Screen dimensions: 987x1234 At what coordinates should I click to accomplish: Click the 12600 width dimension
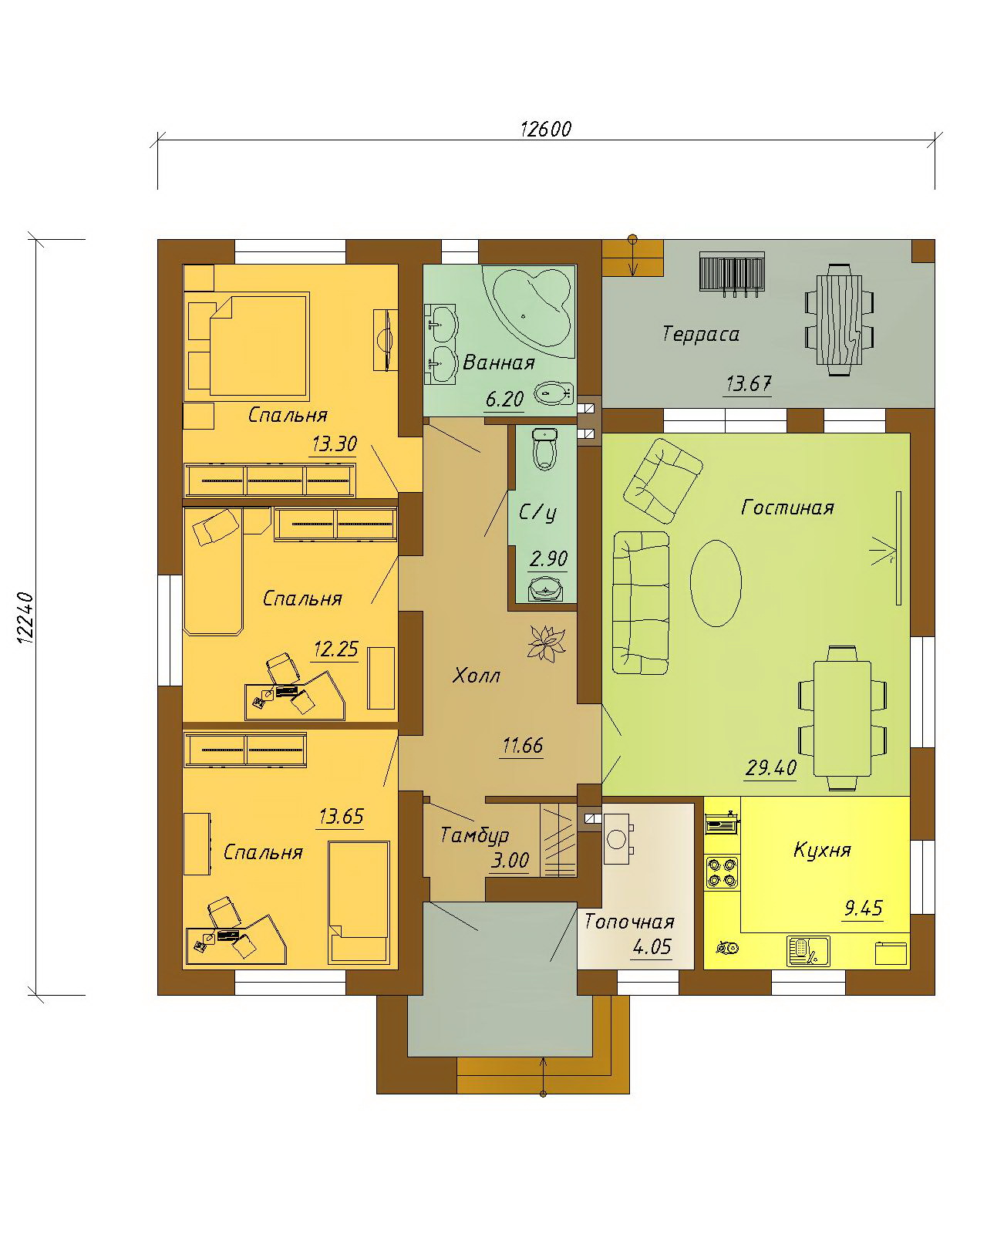(x=545, y=129)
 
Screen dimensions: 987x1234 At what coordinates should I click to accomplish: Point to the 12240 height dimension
(x=25, y=618)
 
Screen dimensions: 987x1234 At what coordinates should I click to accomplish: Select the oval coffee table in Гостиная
(x=715, y=582)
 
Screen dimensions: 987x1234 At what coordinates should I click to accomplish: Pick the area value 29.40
(x=771, y=767)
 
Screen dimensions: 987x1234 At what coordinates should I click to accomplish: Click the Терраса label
(x=700, y=334)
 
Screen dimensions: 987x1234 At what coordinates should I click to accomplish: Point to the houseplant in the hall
(x=546, y=642)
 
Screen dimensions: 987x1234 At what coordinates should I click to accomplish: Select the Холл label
(x=476, y=676)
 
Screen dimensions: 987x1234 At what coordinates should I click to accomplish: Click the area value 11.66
(x=522, y=746)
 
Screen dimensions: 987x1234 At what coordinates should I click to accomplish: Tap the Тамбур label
(x=474, y=835)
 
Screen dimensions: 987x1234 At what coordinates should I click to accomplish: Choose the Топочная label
(x=629, y=922)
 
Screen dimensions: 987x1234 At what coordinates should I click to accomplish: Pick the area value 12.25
(x=336, y=649)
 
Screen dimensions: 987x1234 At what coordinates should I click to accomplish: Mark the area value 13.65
(x=342, y=816)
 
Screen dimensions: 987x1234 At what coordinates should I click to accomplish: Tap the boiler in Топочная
(x=618, y=838)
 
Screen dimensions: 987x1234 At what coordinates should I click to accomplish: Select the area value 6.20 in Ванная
(x=505, y=399)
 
